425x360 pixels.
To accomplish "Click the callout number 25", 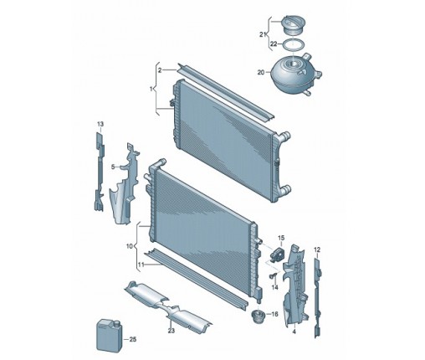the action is pyautogui.click(x=133, y=339).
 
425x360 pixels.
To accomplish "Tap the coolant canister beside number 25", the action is pyautogui.click(x=109, y=335).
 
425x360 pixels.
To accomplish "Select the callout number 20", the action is pyautogui.click(x=261, y=73).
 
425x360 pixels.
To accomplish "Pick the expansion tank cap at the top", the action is pyautogui.click(x=293, y=25).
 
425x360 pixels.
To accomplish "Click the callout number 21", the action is pyautogui.click(x=263, y=34).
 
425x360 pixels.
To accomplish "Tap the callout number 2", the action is pyautogui.click(x=160, y=70).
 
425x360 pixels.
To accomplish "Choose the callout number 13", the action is pyautogui.click(x=100, y=124).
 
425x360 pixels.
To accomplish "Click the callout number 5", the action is pyautogui.click(x=113, y=167).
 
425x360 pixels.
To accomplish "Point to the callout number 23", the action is pyautogui.click(x=172, y=331).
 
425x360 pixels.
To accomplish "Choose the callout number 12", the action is pyautogui.click(x=317, y=249).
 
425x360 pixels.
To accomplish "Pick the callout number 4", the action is pyautogui.click(x=294, y=332).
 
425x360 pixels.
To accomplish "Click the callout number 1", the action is pyautogui.click(x=151, y=89).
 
